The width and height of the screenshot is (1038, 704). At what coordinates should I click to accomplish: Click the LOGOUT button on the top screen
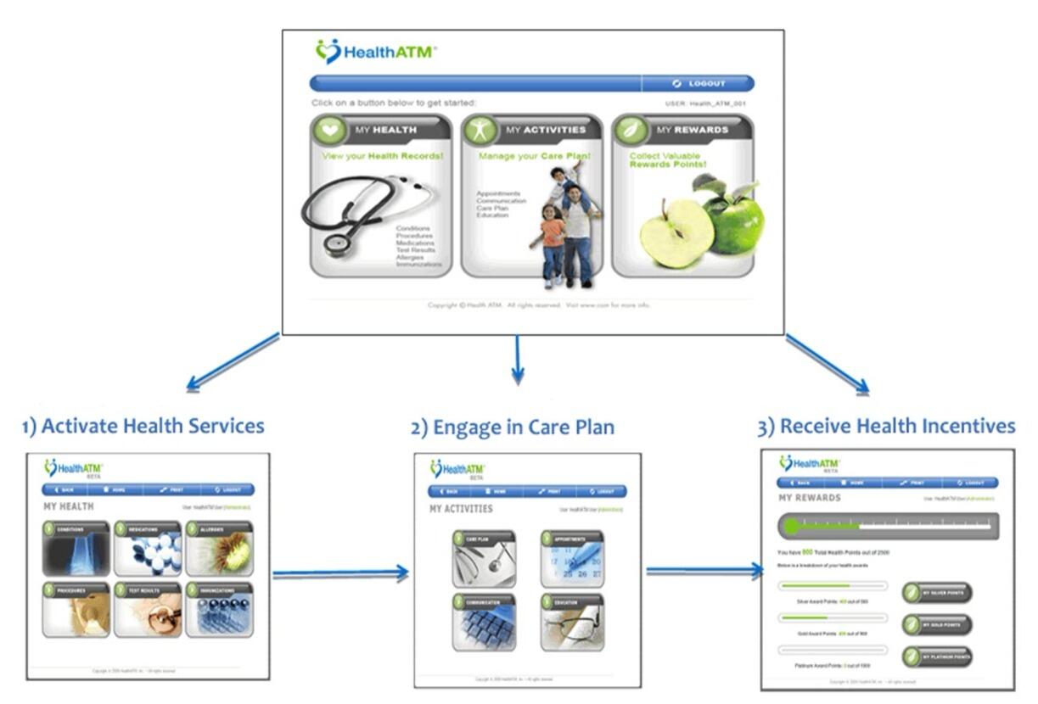[x=699, y=83]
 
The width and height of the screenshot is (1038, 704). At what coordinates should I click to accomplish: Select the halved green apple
[x=676, y=233]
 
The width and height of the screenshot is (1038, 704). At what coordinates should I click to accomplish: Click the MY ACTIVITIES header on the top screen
[x=545, y=130]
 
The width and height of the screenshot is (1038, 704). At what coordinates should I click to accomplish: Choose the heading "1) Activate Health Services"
[x=143, y=426]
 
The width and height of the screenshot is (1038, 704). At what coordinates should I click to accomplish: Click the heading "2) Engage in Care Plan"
[x=513, y=427]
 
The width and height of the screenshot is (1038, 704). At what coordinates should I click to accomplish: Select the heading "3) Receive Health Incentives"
[x=885, y=425]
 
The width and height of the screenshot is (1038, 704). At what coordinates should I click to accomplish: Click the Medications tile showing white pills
[x=149, y=549]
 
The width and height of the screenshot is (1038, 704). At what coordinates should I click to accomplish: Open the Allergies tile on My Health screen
[x=220, y=549]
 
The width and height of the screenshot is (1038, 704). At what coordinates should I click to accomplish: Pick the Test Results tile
[x=149, y=610]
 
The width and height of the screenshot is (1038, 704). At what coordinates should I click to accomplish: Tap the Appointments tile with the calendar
[x=572, y=559]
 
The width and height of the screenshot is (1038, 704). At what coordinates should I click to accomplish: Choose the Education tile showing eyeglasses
[x=572, y=623]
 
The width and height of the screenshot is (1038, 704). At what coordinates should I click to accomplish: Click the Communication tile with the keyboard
[x=484, y=623]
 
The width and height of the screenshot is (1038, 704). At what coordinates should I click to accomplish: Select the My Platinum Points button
[x=937, y=656]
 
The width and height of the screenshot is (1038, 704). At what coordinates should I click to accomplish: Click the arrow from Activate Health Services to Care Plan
[x=339, y=574]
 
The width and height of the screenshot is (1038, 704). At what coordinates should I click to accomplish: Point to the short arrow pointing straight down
[x=518, y=360]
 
